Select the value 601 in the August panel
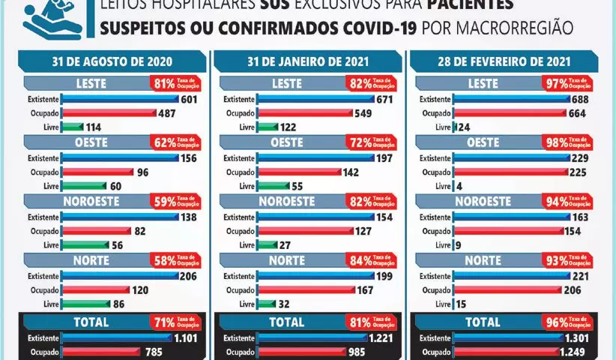pos(188,98)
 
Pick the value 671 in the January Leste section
pos(385,98)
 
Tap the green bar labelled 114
pos(73,127)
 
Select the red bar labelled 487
pos(109,113)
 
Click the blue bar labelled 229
pos(510,157)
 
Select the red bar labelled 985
pos(301,352)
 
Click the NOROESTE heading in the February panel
pos(483,202)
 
